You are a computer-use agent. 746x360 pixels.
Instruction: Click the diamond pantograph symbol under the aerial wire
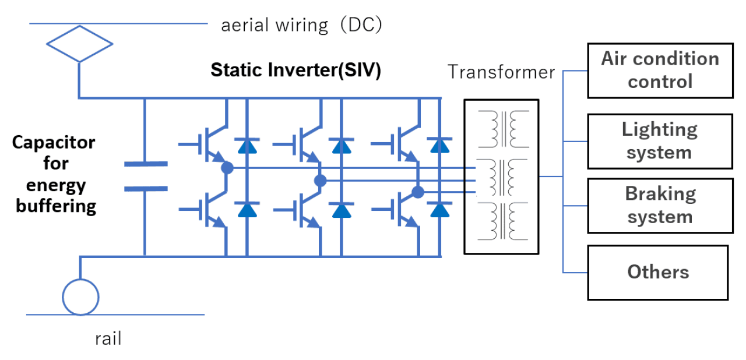tap(79, 43)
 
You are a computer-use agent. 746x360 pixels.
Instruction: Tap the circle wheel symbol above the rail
tap(80, 297)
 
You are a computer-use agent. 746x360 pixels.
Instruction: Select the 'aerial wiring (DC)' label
tap(301, 25)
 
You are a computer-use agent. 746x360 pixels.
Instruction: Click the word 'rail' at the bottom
tap(108, 338)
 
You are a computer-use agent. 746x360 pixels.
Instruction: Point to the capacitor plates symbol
tap(145, 177)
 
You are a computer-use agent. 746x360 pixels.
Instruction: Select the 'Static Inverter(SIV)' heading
tap(295, 70)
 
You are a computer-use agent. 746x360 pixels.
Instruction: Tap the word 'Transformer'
tap(501, 72)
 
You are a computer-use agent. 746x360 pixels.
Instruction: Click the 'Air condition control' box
tap(660, 70)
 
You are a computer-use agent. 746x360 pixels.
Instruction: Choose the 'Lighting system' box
tap(660, 141)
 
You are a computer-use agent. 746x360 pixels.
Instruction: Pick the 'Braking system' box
tap(660, 206)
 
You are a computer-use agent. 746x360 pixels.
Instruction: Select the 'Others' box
tap(657, 272)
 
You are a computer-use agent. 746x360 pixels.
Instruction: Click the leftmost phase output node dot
tap(227, 168)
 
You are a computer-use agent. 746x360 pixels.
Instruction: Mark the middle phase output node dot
tap(320, 181)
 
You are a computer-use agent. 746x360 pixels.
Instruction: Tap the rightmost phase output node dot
tap(417, 192)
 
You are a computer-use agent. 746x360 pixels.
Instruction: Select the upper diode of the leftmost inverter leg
tap(247, 146)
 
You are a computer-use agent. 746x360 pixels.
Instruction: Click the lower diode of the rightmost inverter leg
tap(440, 209)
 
